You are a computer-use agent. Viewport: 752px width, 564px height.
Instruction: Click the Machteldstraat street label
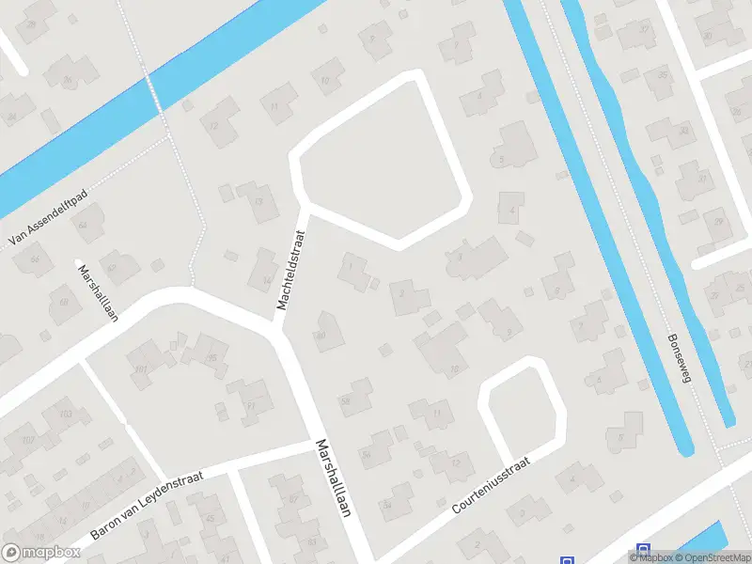click(x=292, y=266)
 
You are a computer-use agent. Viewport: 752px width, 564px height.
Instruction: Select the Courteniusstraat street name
click(x=491, y=485)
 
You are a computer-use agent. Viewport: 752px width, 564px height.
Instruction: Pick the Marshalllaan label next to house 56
click(x=333, y=478)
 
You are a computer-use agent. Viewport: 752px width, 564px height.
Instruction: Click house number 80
click(x=321, y=335)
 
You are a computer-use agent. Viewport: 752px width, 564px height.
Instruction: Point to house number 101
click(x=141, y=368)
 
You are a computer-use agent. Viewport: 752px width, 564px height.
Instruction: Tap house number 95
click(x=212, y=357)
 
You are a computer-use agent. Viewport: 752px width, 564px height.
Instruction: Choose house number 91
click(x=251, y=406)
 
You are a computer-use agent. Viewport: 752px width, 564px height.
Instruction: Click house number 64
click(x=84, y=225)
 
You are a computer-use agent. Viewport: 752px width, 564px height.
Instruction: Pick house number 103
click(x=65, y=414)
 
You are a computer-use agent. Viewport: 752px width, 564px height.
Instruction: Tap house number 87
click(x=293, y=498)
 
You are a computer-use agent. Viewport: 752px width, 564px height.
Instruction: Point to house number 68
click(x=64, y=302)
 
